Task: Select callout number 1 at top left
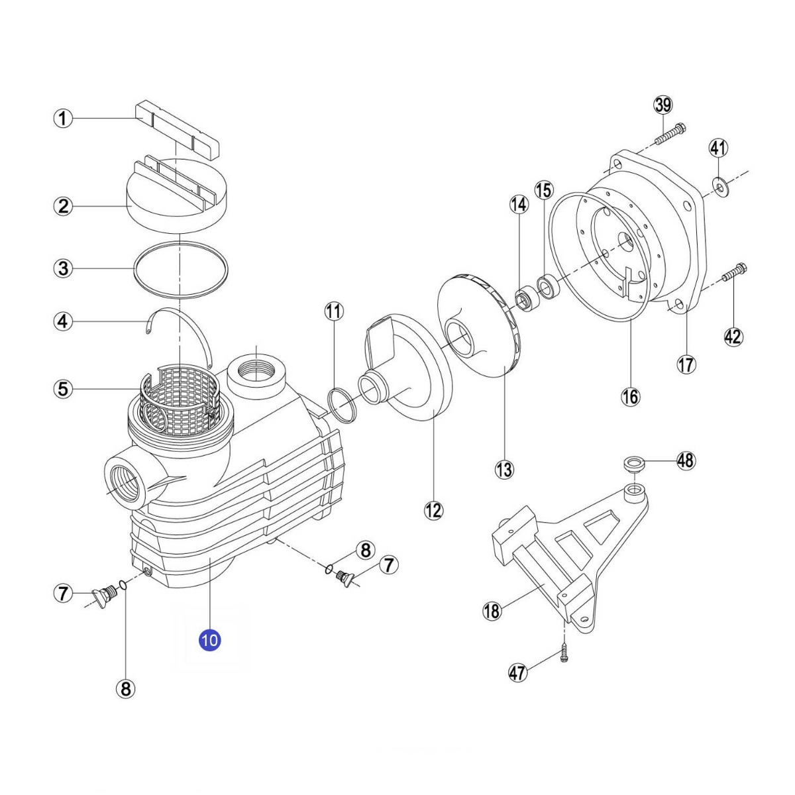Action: click(63, 119)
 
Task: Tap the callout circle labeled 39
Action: click(662, 105)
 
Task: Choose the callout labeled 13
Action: click(504, 470)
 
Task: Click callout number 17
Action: click(686, 364)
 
